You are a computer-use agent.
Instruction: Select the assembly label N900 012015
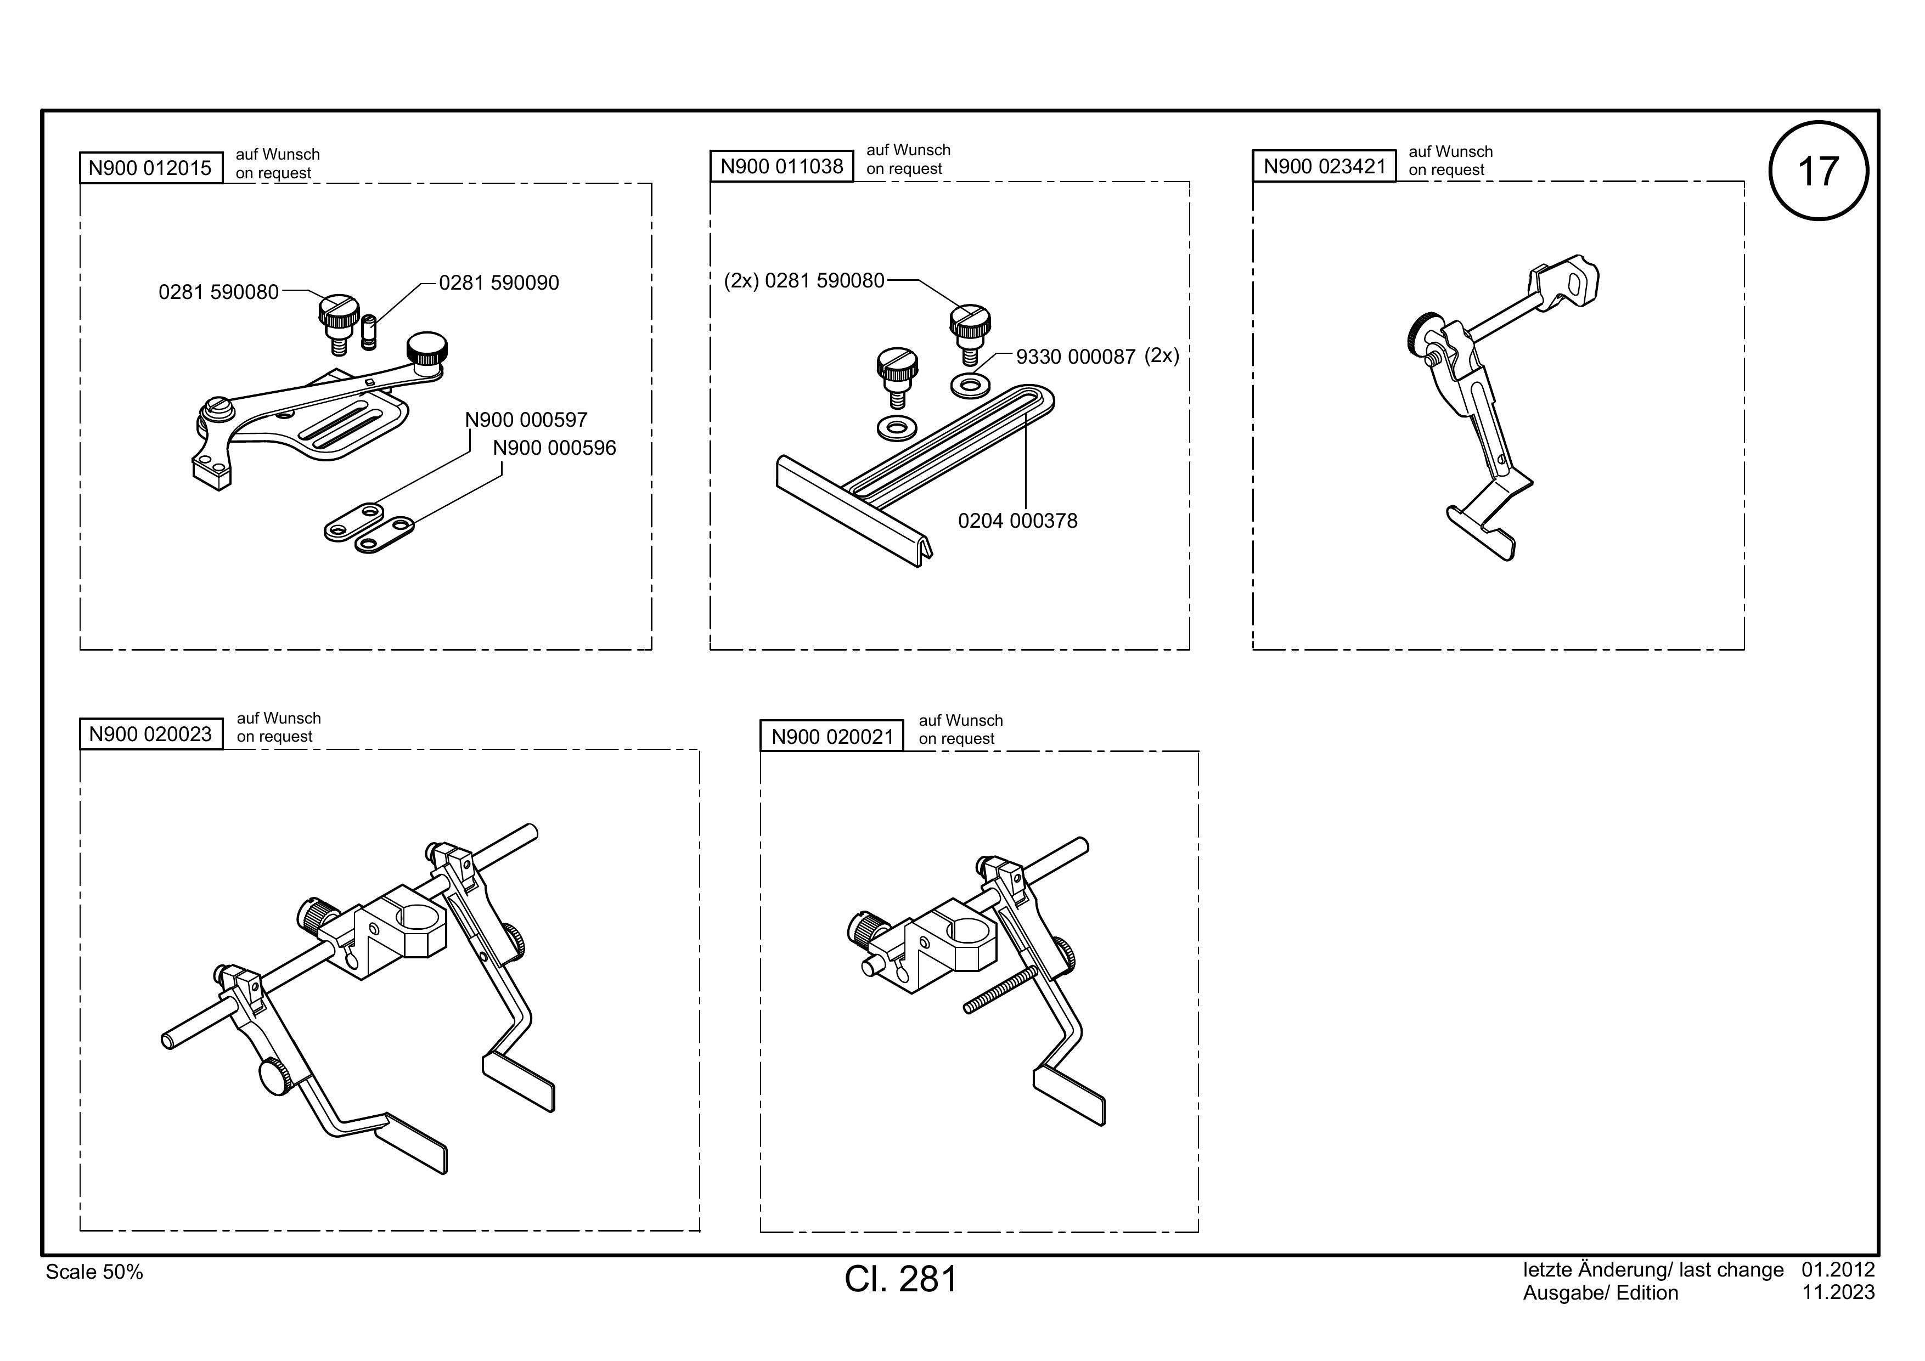coord(151,168)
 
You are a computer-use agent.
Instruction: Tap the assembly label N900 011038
coord(783,166)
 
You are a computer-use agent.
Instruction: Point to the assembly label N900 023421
coord(1325,166)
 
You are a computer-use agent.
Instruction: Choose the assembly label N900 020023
coord(151,734)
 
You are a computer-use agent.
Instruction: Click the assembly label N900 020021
coord(832,737)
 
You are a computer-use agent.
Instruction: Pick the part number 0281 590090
coord(499,283)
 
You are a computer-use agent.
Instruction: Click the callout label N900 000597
coord(527,419)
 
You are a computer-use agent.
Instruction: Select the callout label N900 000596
coord(554,448)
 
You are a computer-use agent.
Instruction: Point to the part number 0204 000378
coord(1018,521)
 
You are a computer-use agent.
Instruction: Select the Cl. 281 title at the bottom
coord(900,1279)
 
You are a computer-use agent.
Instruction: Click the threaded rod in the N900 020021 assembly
coord(1002,990)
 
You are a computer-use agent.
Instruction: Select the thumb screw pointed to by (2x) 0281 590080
coord(970,333)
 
